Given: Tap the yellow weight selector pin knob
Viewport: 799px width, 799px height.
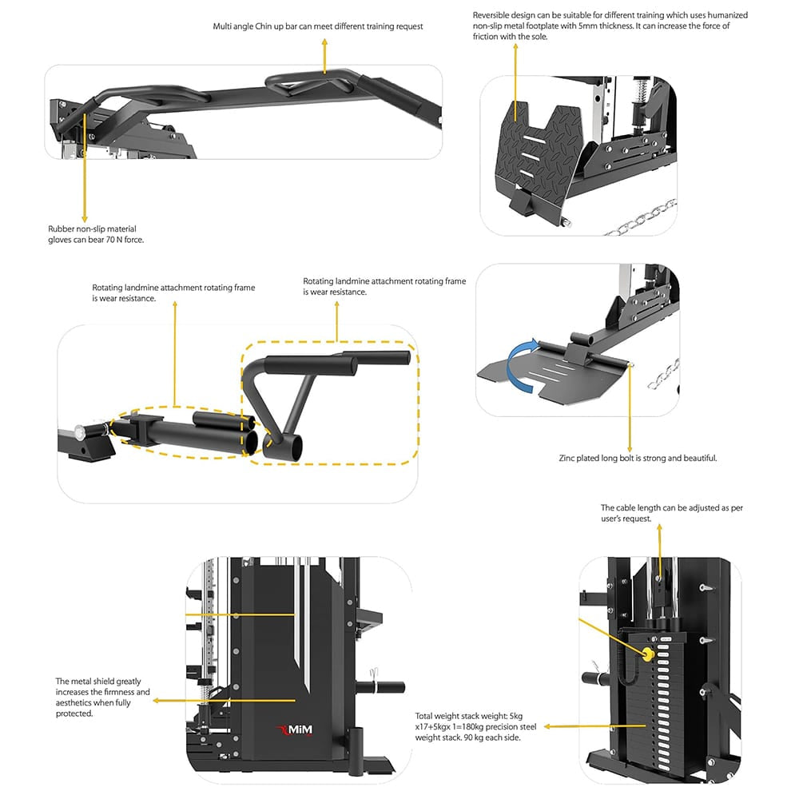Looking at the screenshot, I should click(647, 652).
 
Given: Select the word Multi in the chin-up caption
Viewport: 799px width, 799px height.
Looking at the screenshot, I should click(225, 26).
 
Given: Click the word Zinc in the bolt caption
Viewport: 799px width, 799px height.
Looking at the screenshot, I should click(567, 459).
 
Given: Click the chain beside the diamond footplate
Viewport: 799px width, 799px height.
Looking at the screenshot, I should click(639, 221).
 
